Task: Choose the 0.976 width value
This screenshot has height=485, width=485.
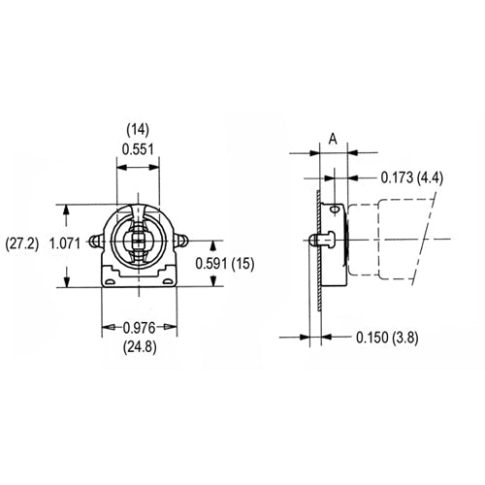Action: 140,326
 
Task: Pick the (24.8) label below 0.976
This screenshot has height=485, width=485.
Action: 140,345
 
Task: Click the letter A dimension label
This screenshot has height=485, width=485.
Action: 333,139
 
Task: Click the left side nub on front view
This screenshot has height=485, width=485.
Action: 95,241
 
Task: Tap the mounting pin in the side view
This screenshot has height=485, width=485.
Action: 315,239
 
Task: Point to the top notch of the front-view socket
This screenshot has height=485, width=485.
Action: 140,207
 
